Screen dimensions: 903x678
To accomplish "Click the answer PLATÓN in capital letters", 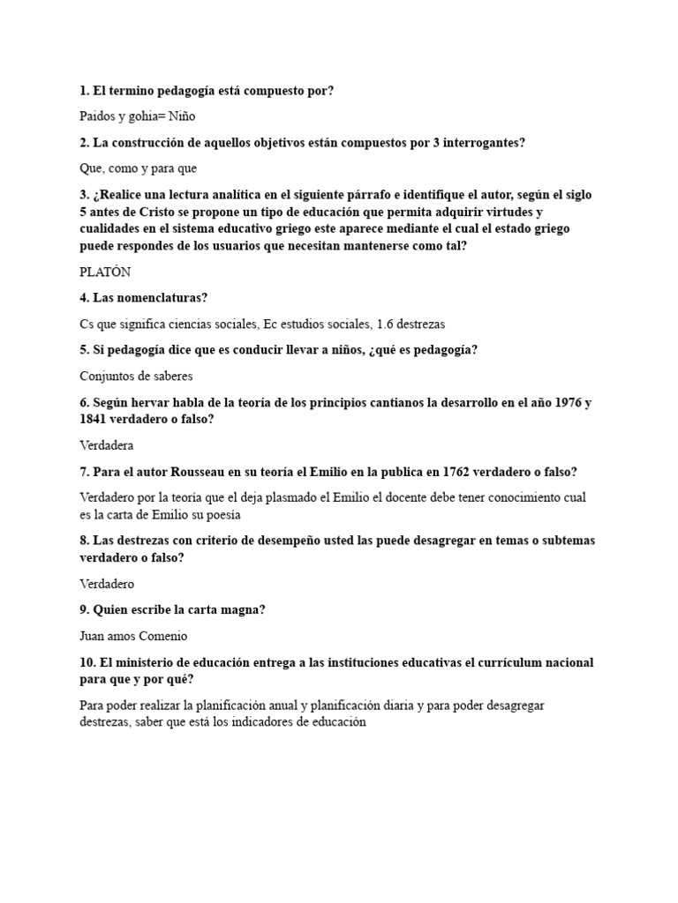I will [x=105, y=272].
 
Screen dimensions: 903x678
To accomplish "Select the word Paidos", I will [x=98, y=116].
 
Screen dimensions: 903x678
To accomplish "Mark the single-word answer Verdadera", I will [x=106, y=444].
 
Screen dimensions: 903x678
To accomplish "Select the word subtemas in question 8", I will [x=564, y=541].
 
